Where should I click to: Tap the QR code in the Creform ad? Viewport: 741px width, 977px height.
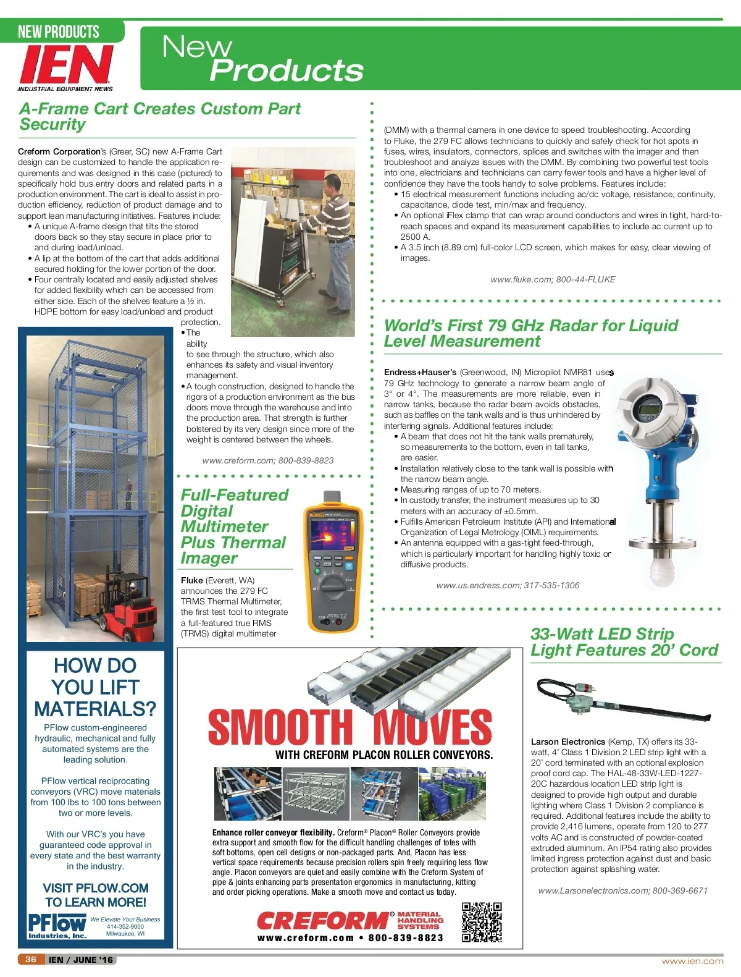point(482,921)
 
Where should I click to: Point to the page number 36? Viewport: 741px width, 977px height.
point(31,960)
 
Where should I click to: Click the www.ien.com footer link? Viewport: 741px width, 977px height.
point(692,961)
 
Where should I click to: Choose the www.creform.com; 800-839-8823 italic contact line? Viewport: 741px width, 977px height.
point(268,460)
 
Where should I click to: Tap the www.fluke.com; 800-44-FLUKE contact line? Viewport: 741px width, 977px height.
point(553,279)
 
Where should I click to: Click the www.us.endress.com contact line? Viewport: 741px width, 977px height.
point(508,585)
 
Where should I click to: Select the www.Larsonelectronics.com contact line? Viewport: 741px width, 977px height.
point(622,890)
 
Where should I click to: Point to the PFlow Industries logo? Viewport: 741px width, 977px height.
point(57,926)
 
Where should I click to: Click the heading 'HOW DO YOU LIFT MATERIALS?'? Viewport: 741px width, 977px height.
point(95,687)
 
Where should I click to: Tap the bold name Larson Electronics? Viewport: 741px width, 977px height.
point(567,742)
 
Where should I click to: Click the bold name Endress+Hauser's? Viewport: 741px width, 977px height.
point(420,372)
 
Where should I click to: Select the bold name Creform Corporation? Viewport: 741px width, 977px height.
point(59,151)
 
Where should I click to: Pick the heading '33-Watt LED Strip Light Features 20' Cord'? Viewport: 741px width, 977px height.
point(624,641)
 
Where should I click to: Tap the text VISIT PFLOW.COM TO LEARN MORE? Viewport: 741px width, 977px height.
point(95,895)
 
